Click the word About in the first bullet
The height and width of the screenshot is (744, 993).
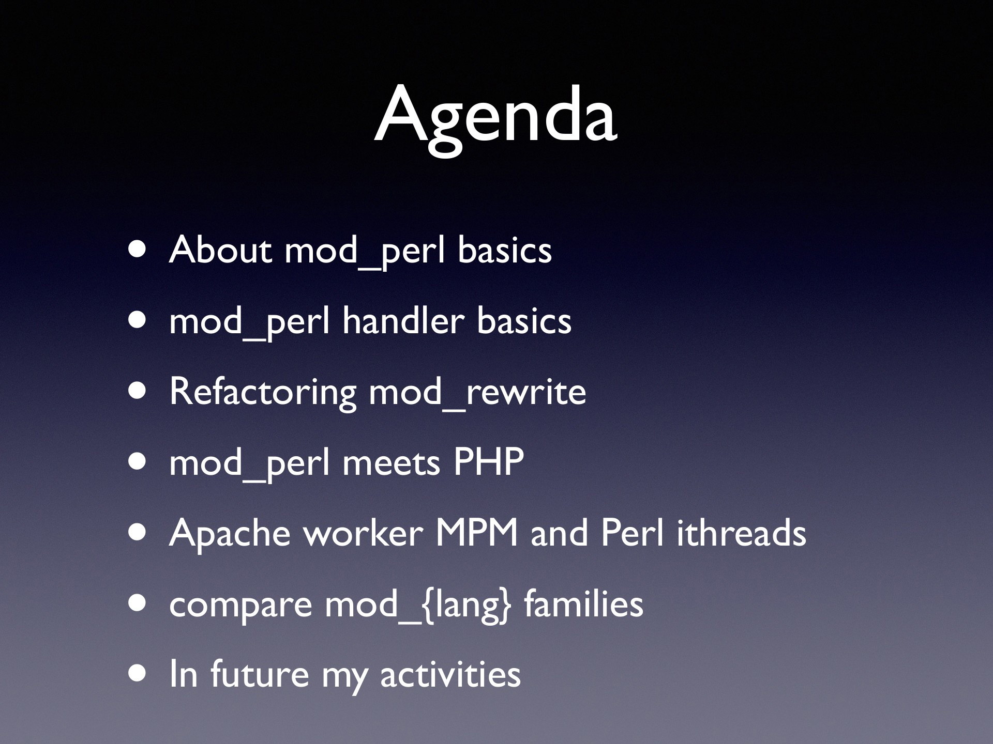[x=220, y=250]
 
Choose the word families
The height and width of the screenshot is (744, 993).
[x=583, y=603]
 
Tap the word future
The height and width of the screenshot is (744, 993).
[x=260, y=674]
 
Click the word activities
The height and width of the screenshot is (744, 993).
[x=450, y=674]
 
